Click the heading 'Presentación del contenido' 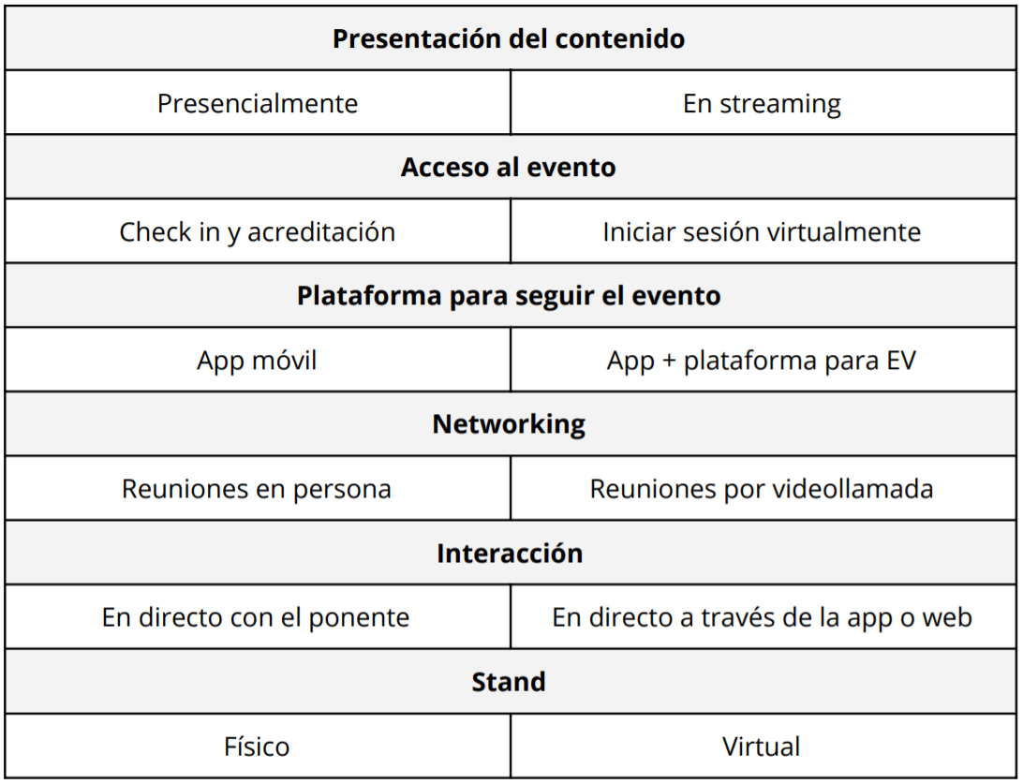click(509, 38)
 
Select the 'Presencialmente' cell click(258, 103)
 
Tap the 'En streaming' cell click(762, 103)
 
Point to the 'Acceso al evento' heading click(509, 167)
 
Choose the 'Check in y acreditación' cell click(257, 231)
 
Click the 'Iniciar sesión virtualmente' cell click(762, 231)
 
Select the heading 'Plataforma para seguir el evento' click(509, 295)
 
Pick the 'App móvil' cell click(257, 360)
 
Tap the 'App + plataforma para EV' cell click(762, 360)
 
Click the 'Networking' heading click(509, 424)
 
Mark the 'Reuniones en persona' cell click(257, 489)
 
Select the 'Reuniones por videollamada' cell click(762, 489)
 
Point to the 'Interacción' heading click(510, 553)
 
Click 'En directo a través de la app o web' click(762, 617)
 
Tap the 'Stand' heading click(509, 682)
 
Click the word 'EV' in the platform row click(901, 360)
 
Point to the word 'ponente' click(359, 617)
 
